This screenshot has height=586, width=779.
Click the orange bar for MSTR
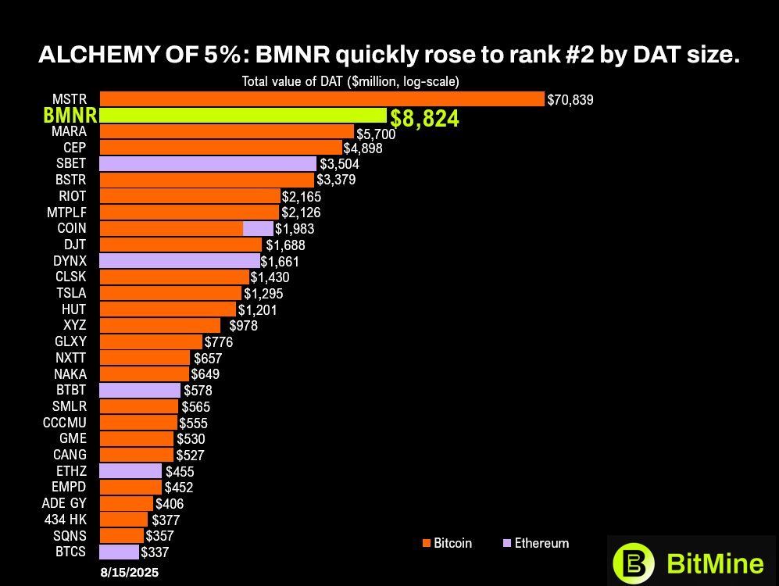tap(322, 98)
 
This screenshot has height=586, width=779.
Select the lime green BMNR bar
tap(243, 116)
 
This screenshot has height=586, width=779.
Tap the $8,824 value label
tap(424, 119)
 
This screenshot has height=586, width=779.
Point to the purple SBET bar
tap(208, 163)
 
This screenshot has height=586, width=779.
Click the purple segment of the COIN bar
tap(258, 228)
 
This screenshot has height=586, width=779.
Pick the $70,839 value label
tap(570, 99)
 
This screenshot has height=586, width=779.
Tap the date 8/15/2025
tap(129, 573)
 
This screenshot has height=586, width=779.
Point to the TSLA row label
tap(71, 293)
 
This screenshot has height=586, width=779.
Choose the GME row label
tap(73, 438)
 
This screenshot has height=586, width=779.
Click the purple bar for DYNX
tap(180, 260)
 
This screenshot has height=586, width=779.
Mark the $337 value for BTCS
tap(155, 552)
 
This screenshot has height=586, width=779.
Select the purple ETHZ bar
tap(130, 471)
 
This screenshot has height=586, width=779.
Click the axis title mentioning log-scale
tap(350, 81)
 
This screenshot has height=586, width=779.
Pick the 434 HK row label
tap(66, 520)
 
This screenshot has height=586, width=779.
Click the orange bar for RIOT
tap(190, 195)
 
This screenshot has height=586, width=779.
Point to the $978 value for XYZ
tap(243, 325)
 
